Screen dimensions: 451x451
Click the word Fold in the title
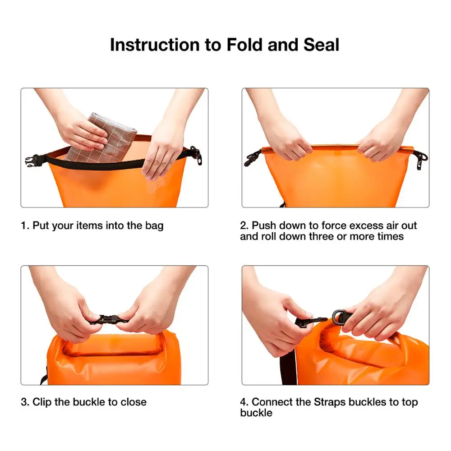click(243, 45)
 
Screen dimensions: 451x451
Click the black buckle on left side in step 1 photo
click(32, 161)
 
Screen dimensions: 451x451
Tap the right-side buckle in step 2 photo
click(421, 159)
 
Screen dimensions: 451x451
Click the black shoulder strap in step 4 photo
click(288, 368)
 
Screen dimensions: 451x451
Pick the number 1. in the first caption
click(25, 225)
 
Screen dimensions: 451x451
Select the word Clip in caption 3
click(42, 402)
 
